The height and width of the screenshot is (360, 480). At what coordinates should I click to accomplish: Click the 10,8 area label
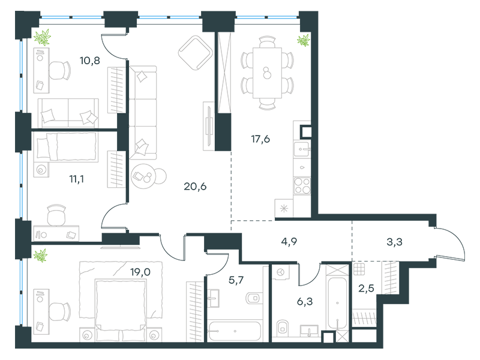click(x=89, y=61)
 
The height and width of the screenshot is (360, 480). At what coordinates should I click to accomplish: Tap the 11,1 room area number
click(x=77, y=179)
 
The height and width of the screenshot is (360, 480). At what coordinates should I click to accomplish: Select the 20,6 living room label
click(x=195, y=186)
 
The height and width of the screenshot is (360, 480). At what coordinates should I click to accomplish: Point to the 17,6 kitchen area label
click(x=260, y=139)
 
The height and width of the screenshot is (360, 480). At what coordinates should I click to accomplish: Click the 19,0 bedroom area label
click(x=140, y=272)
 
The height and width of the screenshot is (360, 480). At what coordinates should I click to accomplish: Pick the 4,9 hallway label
click(x=289, y=242)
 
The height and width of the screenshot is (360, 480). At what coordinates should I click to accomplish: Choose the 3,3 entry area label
click(x=394, y=242)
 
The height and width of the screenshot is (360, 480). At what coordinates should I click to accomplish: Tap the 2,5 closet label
click(x=366, y=289)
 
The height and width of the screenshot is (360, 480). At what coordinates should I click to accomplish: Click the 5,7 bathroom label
click(x=236, y=280)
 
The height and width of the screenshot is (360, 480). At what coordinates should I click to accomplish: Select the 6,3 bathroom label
click(x=305, y=302)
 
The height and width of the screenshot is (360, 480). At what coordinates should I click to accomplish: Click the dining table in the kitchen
click(x=267, y=73)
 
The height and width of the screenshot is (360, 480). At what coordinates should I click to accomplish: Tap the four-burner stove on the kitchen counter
click(x=302, y=186)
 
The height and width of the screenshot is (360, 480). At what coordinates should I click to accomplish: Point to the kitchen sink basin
click(x=301, y=149)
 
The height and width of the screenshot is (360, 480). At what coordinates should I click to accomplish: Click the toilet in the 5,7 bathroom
click(x=254, y=298)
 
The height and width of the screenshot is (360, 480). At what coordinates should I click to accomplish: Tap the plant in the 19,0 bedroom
click(x=40, y=256)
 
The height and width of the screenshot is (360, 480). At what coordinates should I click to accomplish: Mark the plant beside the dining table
click(x=304, y=40)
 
